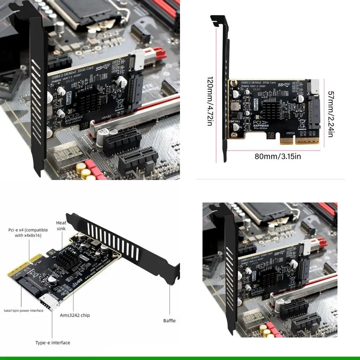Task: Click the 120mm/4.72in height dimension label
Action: coord(210,102)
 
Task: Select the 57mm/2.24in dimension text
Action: coord(330,114)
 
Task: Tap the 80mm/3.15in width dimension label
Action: coord(278,156)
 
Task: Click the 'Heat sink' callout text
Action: coord(61,226)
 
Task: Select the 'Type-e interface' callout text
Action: coord(53,342)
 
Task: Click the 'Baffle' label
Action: coord(169,320)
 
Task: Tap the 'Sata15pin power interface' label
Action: coord(24,310)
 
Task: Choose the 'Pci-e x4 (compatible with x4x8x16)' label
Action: coord(28,233)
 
